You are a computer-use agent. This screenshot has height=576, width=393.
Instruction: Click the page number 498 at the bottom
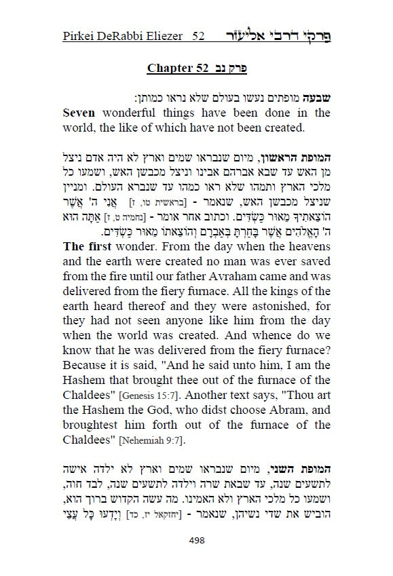click(x=196, y=539)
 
